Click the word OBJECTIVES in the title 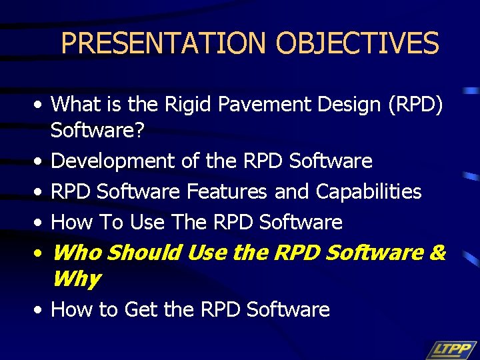(x=357, y=43)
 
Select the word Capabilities (x=369, y=191)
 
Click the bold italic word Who (x=77, y=253)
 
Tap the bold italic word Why (x=75, y=278)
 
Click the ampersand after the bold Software (x=438, y=253)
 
